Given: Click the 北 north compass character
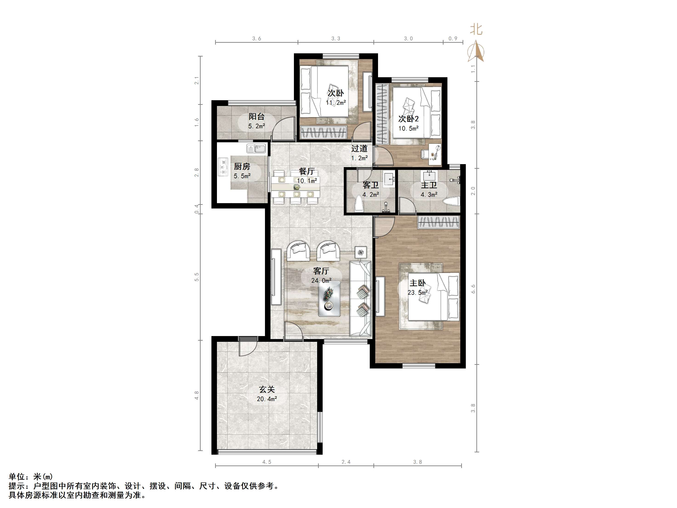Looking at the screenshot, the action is [x=476, y=29].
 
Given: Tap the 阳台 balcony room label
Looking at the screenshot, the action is [x=256, y=117].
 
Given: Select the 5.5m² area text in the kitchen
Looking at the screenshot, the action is [x=242, y=176].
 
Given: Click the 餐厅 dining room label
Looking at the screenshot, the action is [x=307, y=171].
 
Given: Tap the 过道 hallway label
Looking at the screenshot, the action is [x=359, y=149].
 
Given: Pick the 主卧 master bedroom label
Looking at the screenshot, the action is [x=418, y=283].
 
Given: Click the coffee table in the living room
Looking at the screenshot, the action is [x=329, y=299].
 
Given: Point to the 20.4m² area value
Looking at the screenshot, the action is [x=267, y=399].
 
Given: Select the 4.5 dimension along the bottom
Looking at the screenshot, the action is [x=267, y=462].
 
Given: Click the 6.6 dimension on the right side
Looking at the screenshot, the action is [x=473, y=289].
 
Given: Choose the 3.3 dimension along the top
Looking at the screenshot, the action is [x=336, y=39].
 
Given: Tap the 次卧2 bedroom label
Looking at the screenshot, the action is [x=408, y=119].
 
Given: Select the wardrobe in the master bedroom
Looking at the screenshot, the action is [x=439, y=222].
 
